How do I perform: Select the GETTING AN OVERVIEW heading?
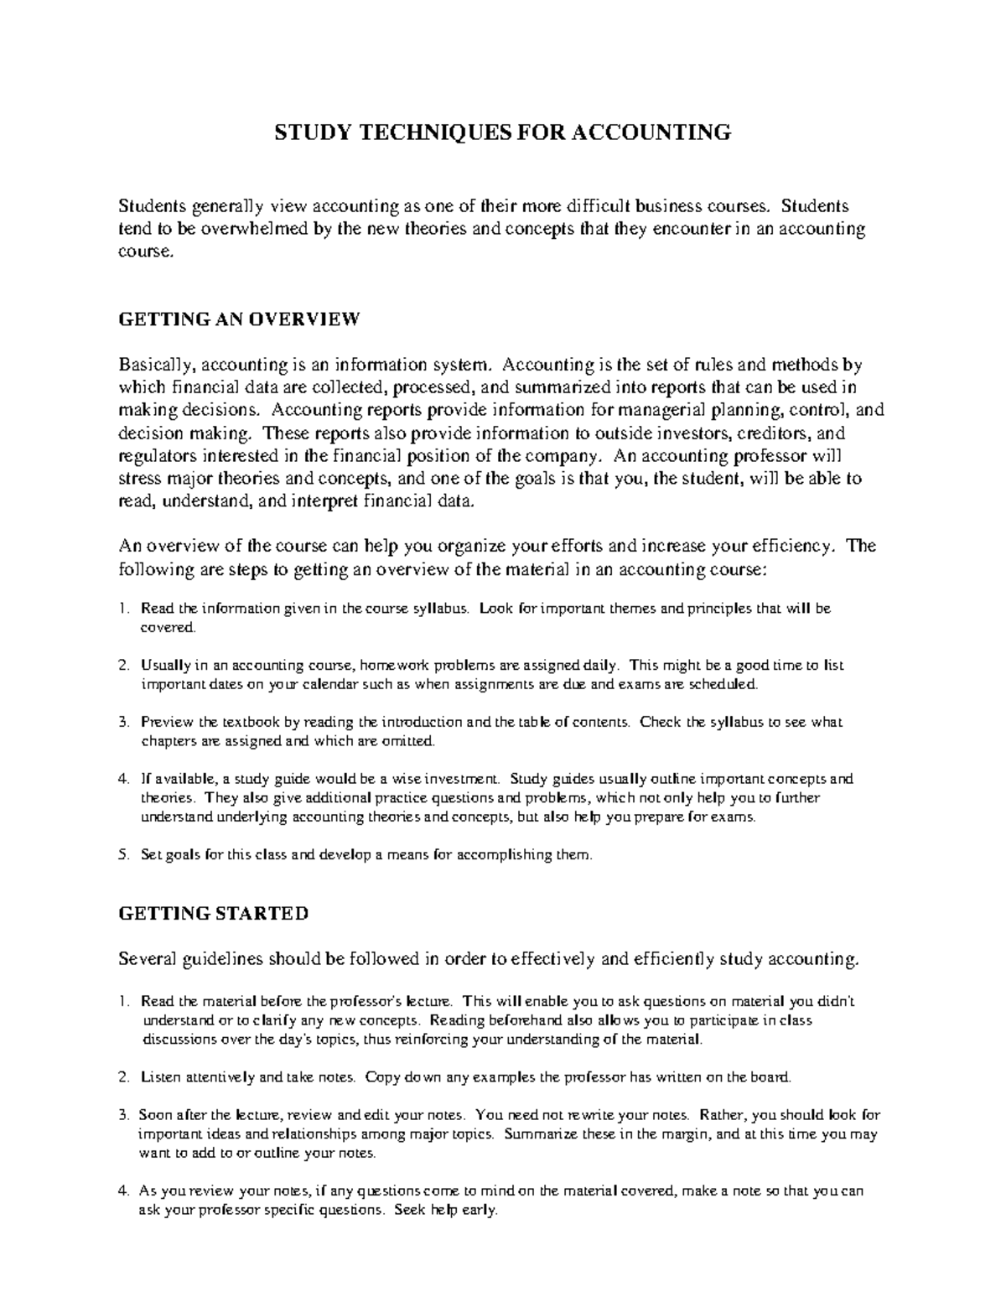[239, 319]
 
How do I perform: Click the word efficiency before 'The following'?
[787, 547]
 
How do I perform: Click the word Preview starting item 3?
[167, 722]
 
